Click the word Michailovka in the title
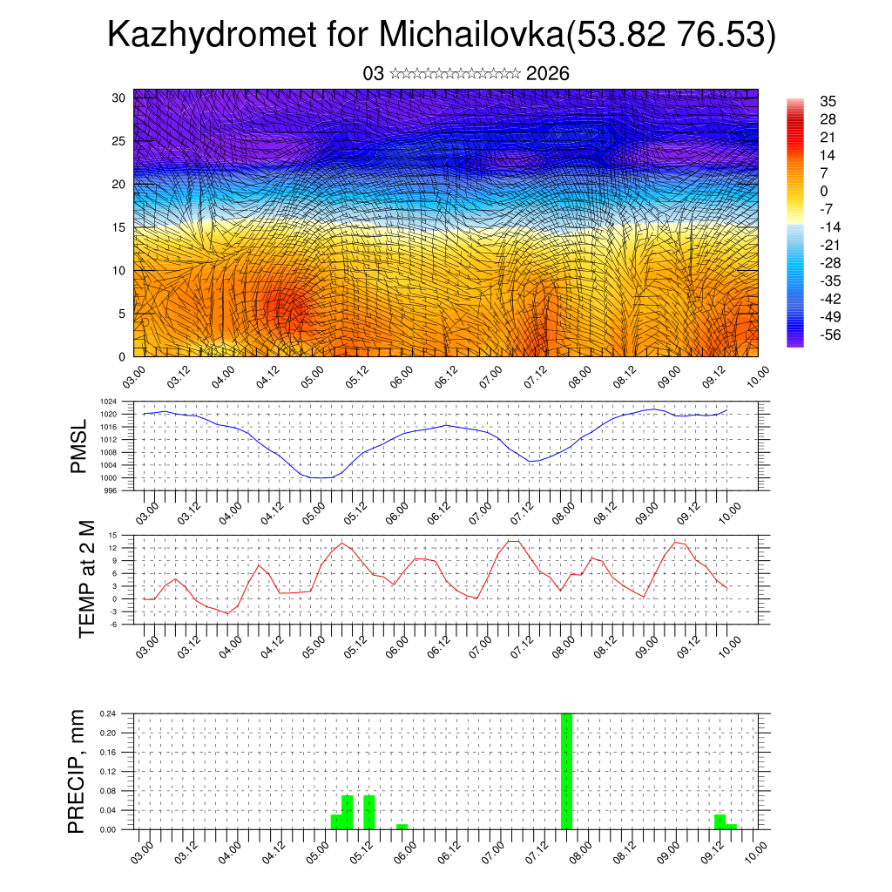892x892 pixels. pyautogui.click(x=471, y=36)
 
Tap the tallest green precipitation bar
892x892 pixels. pyautogui.click(x=567, y=771)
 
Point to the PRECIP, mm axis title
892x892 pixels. pyautogui.click(x=78, y=771)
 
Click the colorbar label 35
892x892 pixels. pyautogui.click(x=828, y=101)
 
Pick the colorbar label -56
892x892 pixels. pyautogui.click(x=830, y=334)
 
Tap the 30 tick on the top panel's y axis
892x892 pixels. pyautogui.click(x=118, y=98)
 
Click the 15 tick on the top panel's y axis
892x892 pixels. pyautogui.click(x=118, y=227)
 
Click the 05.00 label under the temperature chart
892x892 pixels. pyautogui.click(x=314, y=645)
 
